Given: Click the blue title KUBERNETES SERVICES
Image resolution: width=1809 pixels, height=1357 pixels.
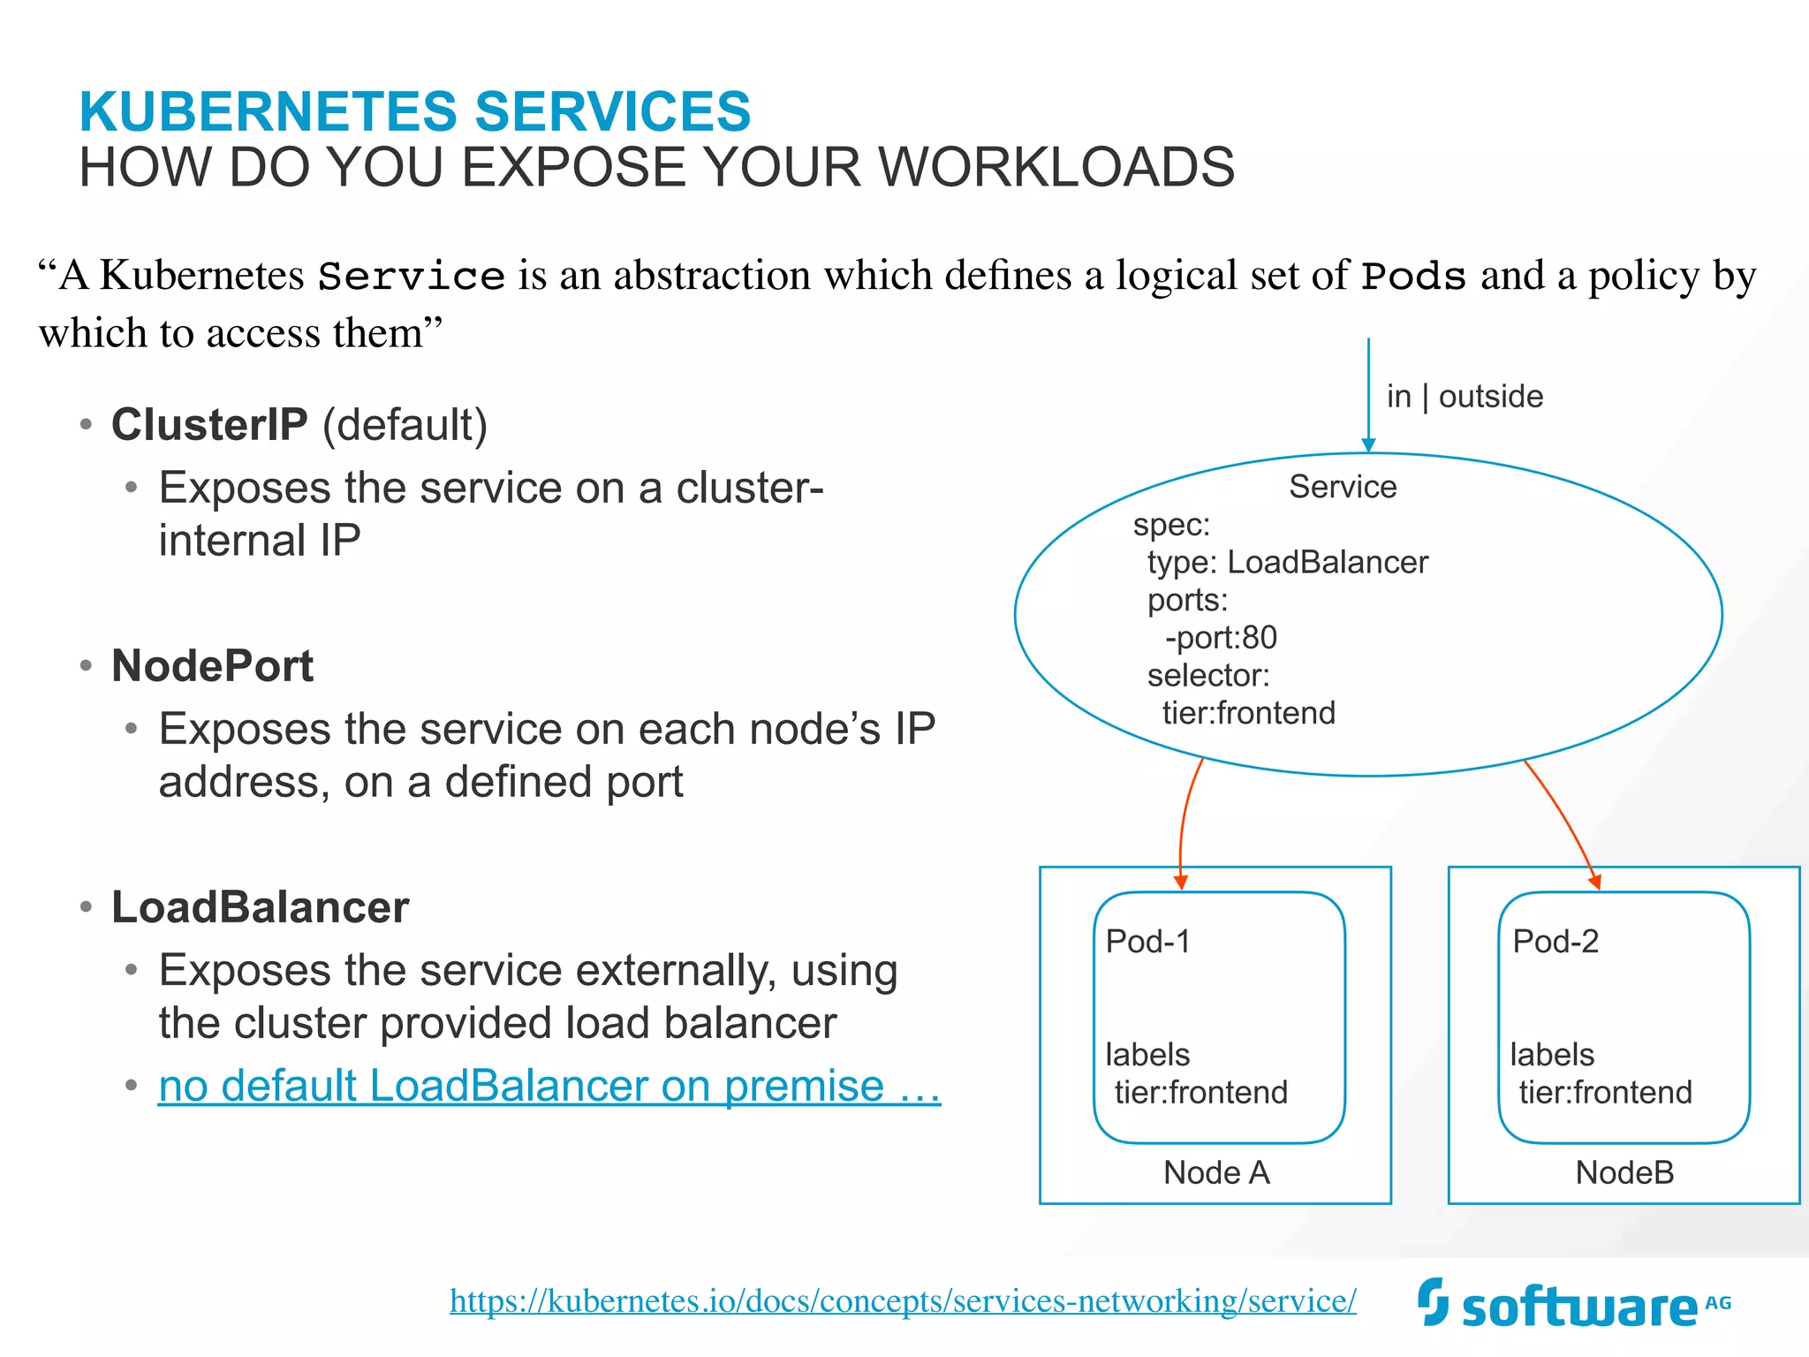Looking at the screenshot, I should coord(414,111).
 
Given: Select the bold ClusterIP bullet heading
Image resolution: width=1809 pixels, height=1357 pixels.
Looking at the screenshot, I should coord(209,425).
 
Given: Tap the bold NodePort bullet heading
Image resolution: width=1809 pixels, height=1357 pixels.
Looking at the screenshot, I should coord(212,665).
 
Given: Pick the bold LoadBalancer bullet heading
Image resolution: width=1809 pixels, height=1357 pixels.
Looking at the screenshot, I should coord(260,907).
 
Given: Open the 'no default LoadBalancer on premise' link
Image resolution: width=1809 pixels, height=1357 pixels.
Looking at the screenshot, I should coord(549,1085).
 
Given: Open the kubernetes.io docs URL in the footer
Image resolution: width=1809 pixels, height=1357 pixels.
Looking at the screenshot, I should coord(902,1300).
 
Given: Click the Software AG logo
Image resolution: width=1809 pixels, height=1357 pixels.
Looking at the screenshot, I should coord(1573,1304).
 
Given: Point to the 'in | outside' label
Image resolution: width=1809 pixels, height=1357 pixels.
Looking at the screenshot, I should coord(1465,397).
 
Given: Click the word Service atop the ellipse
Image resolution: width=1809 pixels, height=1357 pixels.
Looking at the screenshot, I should coord(1343,487).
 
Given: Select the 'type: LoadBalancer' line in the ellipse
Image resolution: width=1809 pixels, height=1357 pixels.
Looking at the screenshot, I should coord(1287,562).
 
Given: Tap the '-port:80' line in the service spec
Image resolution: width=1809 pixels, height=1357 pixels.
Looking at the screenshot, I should coord(1221,637).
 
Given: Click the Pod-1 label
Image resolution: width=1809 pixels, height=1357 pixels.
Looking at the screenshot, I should coord(1147,942).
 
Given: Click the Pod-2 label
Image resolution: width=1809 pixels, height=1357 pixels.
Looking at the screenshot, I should coord(1555,942).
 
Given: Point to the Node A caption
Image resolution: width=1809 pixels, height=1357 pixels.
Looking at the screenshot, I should coord(1216,1172).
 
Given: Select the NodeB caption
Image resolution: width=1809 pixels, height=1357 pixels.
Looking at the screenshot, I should coord(1624,1172).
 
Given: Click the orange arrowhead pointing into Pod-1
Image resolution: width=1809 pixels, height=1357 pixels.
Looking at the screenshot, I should coord(1180,881).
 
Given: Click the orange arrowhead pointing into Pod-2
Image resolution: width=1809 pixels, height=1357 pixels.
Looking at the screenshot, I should coord(1594,881).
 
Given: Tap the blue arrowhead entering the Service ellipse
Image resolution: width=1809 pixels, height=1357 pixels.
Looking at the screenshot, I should coord(1368,444).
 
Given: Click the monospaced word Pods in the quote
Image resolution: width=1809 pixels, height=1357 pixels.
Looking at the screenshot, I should coord(1413,277).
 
